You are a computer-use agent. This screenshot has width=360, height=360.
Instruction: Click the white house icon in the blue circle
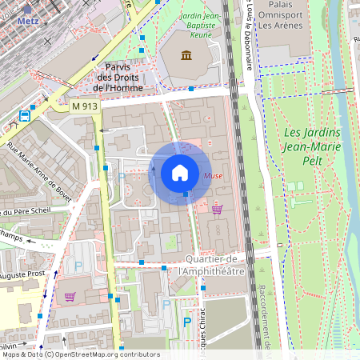tap(180, 172)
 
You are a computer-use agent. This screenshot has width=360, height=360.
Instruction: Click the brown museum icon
tap(186, 54)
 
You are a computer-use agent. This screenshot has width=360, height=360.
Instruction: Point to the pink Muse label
tap(214, 175)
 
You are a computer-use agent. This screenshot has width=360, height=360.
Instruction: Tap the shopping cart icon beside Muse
tap(218, 209)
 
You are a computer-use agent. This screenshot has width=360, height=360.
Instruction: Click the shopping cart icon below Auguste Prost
tap(70, 296)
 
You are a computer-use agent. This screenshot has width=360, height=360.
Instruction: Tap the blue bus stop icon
tap(25, 115)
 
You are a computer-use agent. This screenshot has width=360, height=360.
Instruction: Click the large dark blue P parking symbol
tap(186, 322)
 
